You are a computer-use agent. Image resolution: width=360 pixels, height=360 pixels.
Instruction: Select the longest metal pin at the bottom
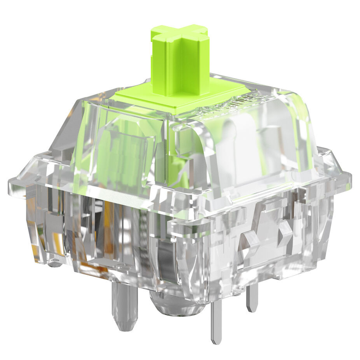click(x=216, y=319)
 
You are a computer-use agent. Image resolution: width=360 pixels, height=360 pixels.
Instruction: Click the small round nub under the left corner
click(x=54, y=264)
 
